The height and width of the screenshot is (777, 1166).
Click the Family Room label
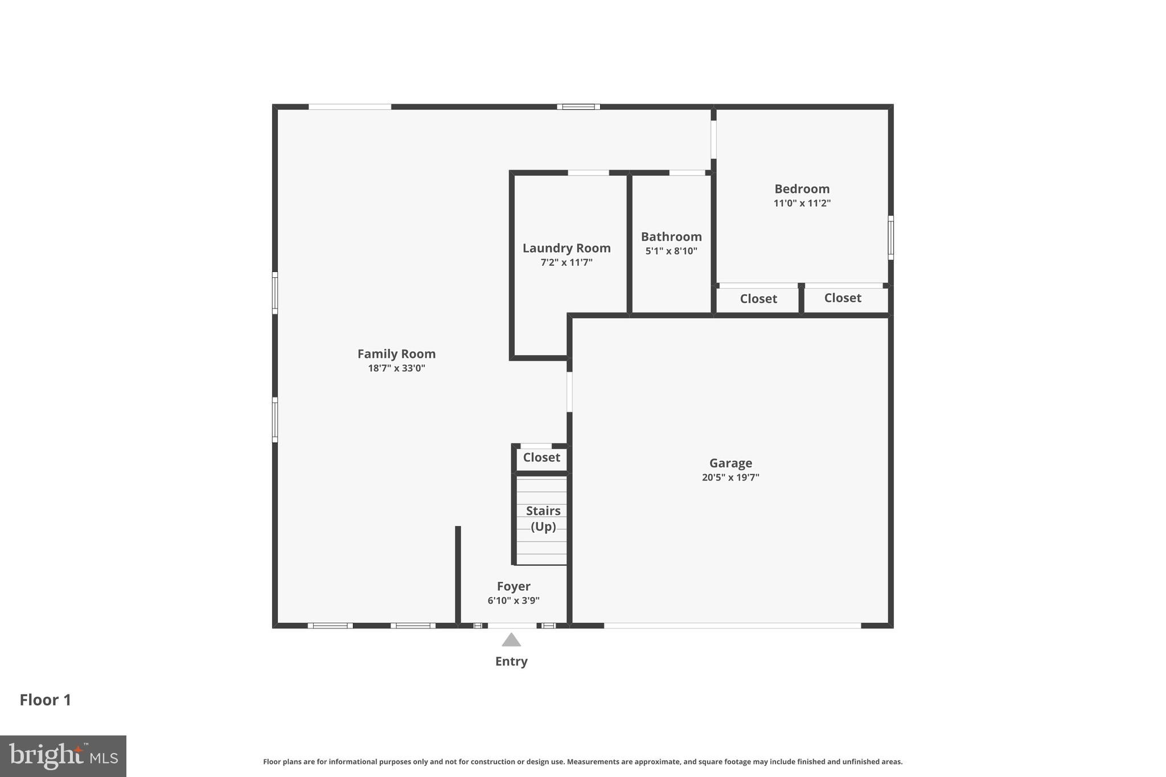point(396,353)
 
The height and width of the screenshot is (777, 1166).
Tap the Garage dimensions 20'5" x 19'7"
point(730,478)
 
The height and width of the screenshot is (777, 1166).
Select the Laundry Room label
point(566,248)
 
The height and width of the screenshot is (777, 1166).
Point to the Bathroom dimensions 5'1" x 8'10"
point(671,251)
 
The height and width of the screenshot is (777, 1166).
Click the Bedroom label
point(802,189)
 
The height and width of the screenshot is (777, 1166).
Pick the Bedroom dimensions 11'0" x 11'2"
point(802,203)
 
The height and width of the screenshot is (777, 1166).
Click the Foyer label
point(514,586)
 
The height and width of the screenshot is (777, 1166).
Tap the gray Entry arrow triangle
point(511,640)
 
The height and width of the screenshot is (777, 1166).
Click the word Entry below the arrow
point(511,661)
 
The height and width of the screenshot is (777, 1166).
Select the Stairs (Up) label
point(543,519)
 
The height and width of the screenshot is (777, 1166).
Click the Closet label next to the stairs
point(541,458)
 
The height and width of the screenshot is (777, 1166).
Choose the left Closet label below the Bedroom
point(758,299)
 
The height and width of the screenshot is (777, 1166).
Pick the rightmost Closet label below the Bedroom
point(843,298)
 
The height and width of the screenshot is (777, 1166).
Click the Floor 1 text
point(46,700)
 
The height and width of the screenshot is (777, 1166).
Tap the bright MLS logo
point(63,756)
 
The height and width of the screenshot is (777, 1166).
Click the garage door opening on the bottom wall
point(732,626)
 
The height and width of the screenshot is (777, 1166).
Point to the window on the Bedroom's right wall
point(890,237)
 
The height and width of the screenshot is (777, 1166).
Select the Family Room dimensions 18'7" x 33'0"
point(396,368)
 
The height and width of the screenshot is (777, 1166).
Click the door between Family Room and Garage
point(569,392)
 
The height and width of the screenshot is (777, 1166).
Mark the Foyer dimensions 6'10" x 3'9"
point(514,601)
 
